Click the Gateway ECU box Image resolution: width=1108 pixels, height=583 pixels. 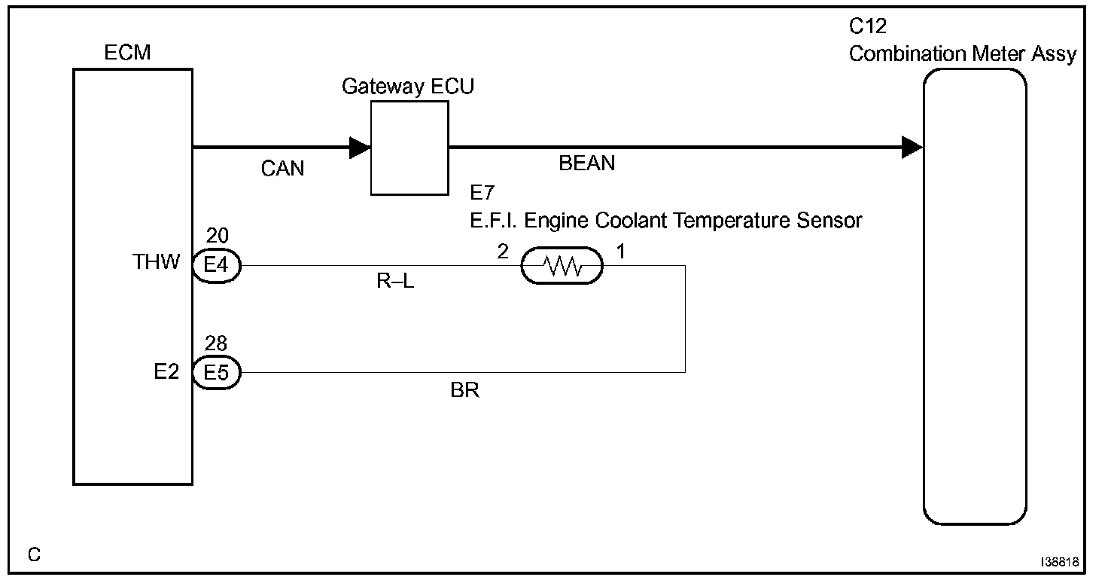tap(409, 148)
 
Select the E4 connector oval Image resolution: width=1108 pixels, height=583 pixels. tap(216, 266)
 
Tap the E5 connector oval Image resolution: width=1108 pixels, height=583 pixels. tap(216, 372)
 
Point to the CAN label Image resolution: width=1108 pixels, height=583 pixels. tap(283, 169)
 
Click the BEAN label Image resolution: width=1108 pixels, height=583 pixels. tap(586, 163)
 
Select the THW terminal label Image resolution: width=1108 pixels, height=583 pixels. tap(157, 262)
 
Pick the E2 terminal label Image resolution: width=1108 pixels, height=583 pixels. tap(166, 371)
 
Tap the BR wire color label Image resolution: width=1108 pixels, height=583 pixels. tap(464, 392)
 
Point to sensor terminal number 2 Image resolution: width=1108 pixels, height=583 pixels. tap(503, 251)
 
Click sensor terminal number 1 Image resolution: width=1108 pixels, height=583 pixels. tap(622, 251)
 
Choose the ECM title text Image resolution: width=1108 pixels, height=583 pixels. tap(128, 53)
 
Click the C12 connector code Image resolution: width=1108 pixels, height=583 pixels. tap(868, 27)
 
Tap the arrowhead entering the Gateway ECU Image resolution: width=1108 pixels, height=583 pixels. tap(360, 148)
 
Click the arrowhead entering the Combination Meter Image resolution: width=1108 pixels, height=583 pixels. tap(912, 148)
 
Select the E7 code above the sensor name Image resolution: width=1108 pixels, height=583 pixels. tap(481, 193)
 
